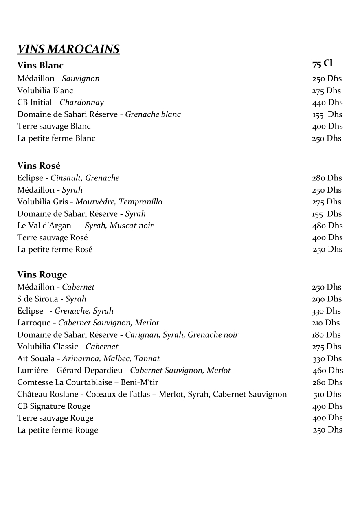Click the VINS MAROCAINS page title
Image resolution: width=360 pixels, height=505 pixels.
(x=68, y=49)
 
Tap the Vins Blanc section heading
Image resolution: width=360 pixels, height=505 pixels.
(x=40, y=65)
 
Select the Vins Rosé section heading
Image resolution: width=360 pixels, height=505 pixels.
(x=39, y=165)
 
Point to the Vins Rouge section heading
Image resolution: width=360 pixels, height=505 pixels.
(x=42, y=275)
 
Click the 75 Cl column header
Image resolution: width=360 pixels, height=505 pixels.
(x=323, y=64)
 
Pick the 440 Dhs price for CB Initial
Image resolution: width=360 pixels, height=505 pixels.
(x=327, y=103)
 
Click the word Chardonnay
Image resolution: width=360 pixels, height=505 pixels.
(x=82, y=103)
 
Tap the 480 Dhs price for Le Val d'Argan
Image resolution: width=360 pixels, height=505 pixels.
(x=327, y=226)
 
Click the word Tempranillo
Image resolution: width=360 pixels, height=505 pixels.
(x=140, y=202)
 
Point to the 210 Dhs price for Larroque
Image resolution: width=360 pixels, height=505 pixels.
(x=326, y=323)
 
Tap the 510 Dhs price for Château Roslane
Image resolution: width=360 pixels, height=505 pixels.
(x=327, y=394)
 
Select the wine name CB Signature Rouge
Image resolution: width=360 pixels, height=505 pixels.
(x=54, y=406)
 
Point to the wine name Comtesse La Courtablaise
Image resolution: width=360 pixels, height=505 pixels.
(x=63, y=382)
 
